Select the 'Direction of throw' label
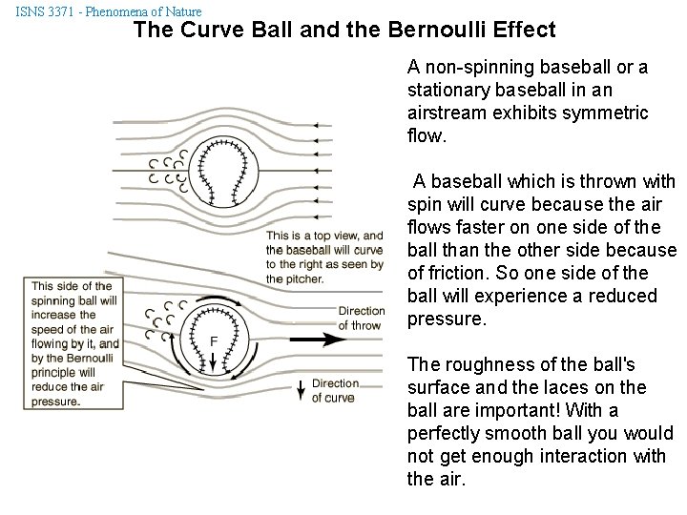point(362,318)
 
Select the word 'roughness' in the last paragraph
point(481,364)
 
